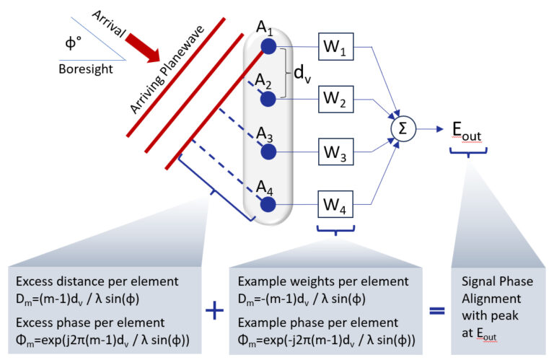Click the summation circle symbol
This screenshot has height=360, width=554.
402,128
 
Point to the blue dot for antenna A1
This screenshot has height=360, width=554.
268,46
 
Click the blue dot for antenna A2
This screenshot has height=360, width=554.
268,98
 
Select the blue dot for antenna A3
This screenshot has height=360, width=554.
268,152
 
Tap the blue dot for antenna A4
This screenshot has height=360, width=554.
268,205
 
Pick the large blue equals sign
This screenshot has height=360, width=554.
436,310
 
